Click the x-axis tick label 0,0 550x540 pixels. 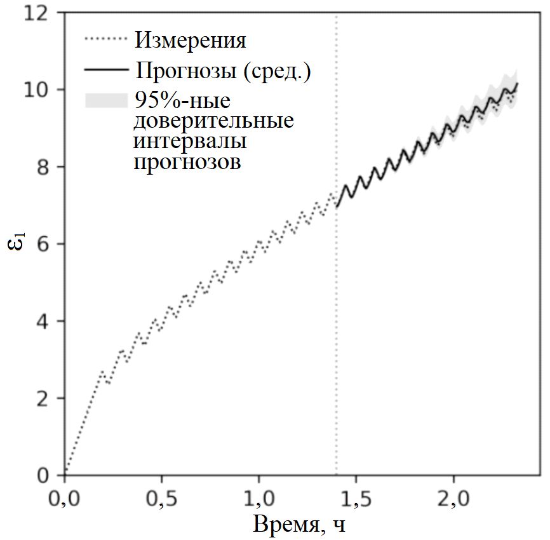65,496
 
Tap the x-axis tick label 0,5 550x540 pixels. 162,496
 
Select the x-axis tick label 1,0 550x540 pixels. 259,496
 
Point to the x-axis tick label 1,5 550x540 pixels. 356,496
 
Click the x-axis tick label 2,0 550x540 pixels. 453,496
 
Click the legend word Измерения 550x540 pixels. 190,41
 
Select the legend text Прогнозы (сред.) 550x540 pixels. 222,70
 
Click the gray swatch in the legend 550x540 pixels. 105,100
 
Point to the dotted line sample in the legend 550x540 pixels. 105,41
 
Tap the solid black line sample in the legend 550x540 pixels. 105,69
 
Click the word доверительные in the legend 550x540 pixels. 214,121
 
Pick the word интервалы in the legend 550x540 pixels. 190,141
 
